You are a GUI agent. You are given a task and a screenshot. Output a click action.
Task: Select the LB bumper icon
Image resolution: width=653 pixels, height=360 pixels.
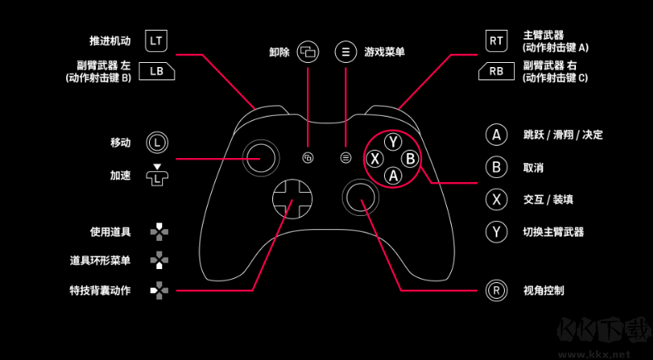click(x=156, y=70)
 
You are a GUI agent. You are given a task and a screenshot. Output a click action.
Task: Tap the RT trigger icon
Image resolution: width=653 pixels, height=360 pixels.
click(x=496, y=40)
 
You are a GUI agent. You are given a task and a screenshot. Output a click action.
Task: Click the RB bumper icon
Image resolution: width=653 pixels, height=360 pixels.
click(x=496, y=71)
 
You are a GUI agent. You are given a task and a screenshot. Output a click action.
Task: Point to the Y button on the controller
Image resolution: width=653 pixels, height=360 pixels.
click(x=393, y=142)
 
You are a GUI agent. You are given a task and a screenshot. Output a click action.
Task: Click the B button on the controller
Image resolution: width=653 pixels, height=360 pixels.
click(x=410, y=158)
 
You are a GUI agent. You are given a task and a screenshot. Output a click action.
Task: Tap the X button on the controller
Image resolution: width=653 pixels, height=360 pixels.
click(x=376, y=158)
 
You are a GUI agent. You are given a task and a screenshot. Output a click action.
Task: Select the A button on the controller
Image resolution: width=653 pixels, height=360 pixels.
click(x=393, y=175)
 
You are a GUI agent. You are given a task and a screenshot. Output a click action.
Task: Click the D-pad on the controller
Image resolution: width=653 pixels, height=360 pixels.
click(x=291, y=198)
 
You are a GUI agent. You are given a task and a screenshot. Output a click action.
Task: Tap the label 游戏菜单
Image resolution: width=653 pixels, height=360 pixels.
click(x=384, y=51)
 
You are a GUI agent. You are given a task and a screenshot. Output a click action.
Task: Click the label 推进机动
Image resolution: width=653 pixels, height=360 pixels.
click(x=110, y=40)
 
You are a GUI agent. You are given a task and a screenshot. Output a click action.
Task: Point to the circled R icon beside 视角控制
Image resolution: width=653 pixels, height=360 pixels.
click(x=496, y=290)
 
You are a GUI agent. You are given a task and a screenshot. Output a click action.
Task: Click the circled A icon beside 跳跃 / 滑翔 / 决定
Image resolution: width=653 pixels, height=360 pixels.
click(x=496, y=135)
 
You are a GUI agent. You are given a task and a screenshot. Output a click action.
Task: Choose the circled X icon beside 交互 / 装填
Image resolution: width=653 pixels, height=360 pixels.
click(x=496, y=199)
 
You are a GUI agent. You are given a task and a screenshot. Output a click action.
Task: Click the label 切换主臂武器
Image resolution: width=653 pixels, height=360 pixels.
click(x=554, y=232)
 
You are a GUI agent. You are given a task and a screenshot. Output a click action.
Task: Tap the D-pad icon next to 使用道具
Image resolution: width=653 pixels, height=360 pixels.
click(x=158, y=232)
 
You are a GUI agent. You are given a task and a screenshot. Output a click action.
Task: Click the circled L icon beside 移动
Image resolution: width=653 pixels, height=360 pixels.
click(x=157, y=142)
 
